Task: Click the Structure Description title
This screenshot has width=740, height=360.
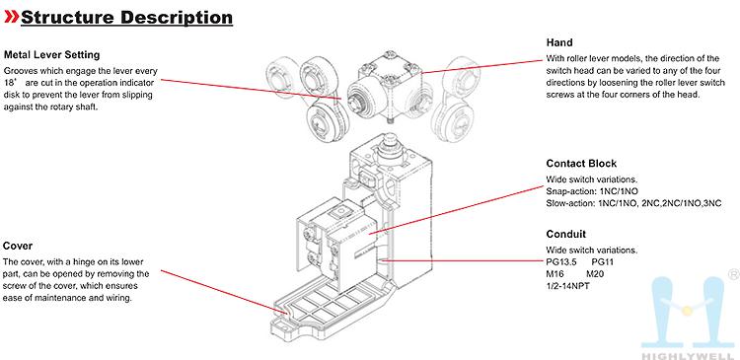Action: pos(127,18)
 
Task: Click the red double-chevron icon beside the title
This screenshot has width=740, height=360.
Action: pos(11,17)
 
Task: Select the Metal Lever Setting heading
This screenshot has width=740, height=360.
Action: pos(52,54)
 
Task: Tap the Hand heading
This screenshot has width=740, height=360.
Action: pos(559,42)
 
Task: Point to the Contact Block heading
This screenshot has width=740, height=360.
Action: pos(581,164)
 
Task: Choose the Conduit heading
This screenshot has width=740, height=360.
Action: pos(566,234)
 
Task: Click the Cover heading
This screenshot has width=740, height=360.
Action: pos(18,246)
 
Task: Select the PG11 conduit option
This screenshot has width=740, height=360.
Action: pos(603,261)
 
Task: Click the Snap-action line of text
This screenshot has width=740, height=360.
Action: pos(592,191)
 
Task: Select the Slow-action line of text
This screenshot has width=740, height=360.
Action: pos(633,204)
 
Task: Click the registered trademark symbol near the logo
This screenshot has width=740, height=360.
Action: pos(734,274)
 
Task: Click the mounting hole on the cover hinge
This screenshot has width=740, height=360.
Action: pos(283,324)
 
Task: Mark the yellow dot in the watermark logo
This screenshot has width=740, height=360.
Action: pos(687,310)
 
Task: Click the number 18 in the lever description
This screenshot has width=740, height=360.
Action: pos(9,83)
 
